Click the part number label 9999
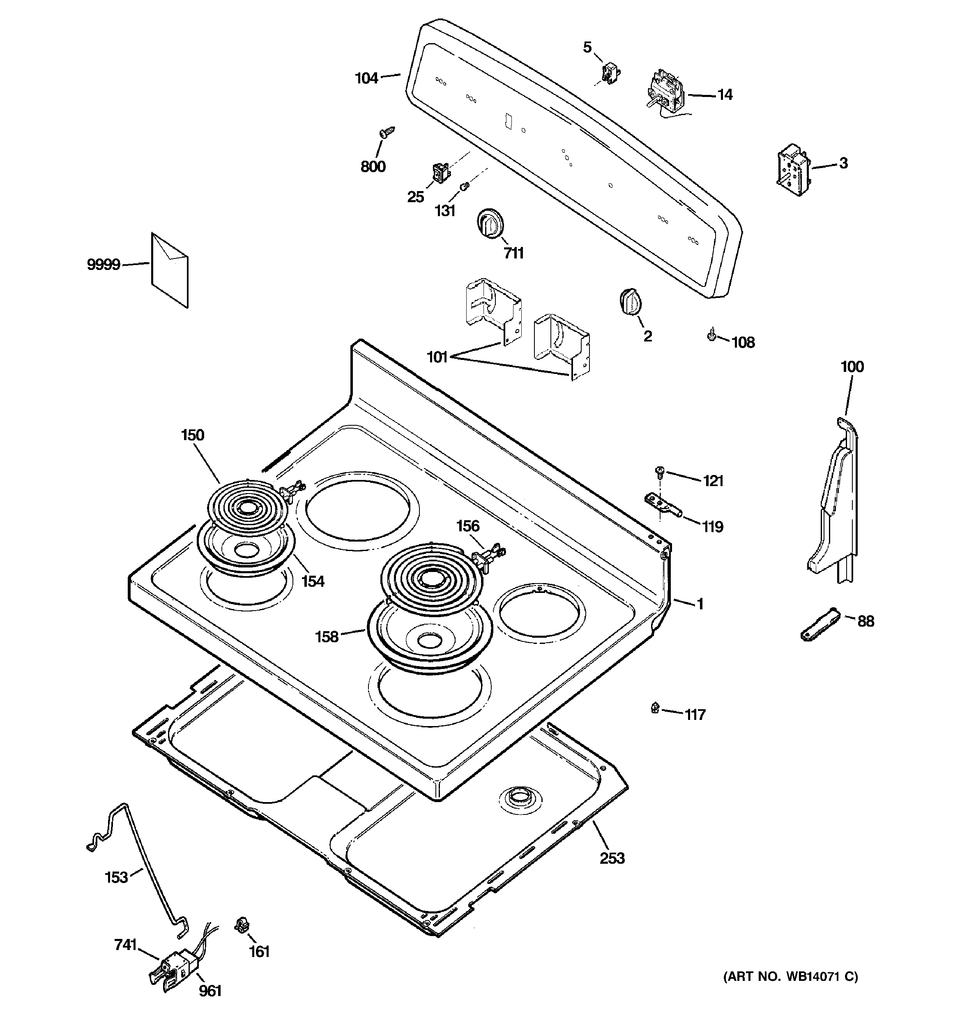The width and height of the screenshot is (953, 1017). point(104,265)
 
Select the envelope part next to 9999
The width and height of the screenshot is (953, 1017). point(169,270)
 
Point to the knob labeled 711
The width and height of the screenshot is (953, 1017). point(490,223)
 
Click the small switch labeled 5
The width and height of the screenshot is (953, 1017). point(609,73)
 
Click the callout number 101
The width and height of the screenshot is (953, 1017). point(437,357)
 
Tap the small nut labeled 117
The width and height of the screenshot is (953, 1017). point(655,708)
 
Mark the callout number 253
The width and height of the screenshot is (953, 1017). point(612,858)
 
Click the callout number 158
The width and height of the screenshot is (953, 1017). point(327,637)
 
